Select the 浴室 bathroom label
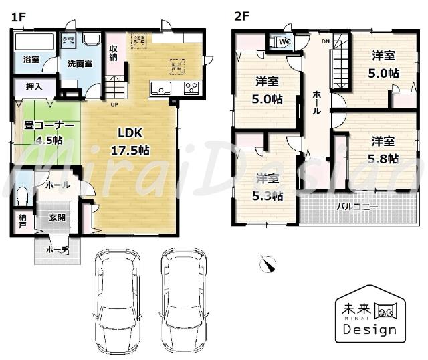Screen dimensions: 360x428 [31, 60]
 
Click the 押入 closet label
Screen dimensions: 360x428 [33, 86]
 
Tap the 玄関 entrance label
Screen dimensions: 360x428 [58, 217]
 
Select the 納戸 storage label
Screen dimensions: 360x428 [23, 221]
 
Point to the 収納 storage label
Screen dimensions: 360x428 [114, 54]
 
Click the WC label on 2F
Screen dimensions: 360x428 [284, 42]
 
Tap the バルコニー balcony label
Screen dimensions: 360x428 [356, 207]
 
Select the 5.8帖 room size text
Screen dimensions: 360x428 [384, 159]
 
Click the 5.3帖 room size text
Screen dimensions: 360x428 [268, 196]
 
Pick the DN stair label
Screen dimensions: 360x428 [326, 42]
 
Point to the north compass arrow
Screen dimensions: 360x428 [268, 264]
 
